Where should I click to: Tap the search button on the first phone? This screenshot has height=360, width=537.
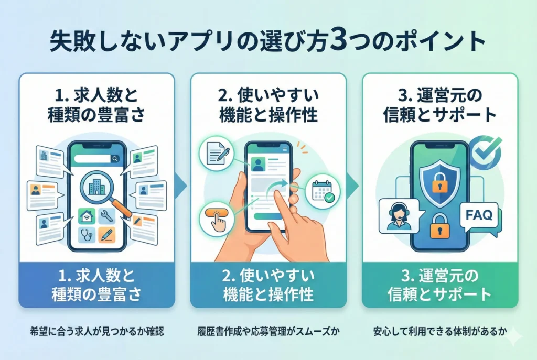115,158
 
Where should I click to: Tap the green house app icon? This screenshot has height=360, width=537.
86,216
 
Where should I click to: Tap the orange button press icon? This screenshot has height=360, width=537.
216,219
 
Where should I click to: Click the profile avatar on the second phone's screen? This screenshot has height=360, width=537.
257,166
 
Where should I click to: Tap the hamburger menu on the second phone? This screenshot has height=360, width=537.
285,150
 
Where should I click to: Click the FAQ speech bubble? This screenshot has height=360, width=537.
479,215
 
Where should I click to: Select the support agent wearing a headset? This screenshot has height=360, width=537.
397,215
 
